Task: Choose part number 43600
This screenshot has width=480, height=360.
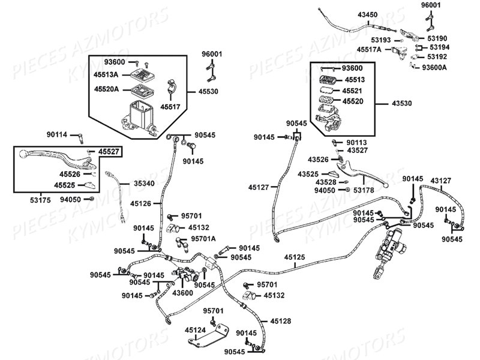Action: (x=182, y=292)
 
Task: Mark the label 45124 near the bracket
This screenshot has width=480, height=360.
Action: (x=196, y=329)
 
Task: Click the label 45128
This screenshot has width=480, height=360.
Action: (x=280, y=322)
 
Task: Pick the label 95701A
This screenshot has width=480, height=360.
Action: (x=203, y=238)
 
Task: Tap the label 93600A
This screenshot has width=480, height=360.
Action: (x=434, y=67)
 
